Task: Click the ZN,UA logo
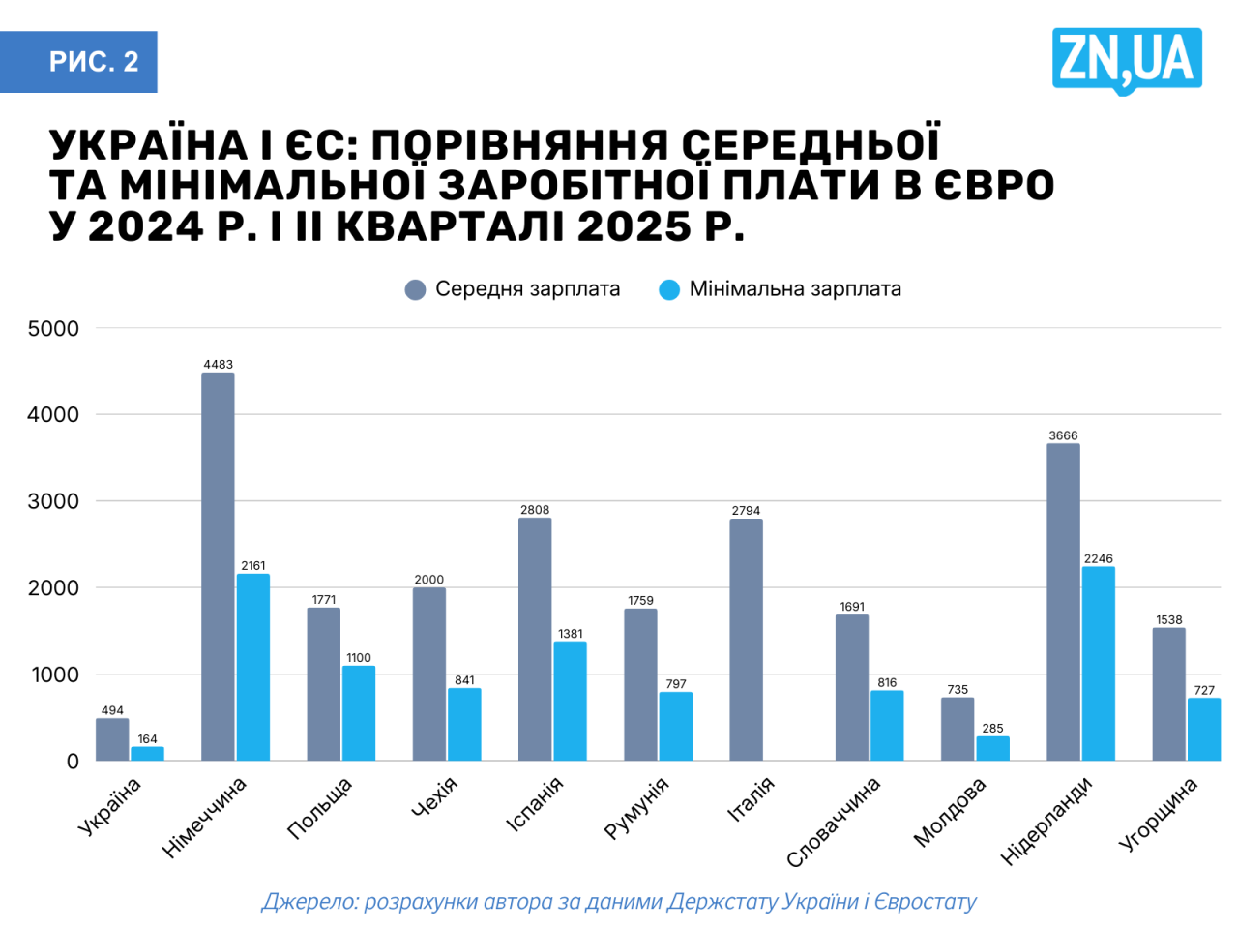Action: coord(1127,60)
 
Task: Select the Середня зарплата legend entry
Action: coord(513,289)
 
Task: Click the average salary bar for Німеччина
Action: coord(218,566)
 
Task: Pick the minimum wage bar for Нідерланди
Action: coord(1098,663)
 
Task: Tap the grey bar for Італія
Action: coord(746,640)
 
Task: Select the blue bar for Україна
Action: coord(147,753)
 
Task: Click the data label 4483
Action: coord(218,365)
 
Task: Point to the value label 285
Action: coord(992,729)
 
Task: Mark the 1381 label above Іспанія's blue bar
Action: coord(570,635)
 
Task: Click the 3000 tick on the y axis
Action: coord(53,501)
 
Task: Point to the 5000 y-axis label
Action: coord(53,329)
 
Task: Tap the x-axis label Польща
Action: coord(320,808)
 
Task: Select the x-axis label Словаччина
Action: coord(833,823)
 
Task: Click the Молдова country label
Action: coord(949,813)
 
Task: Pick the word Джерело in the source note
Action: coord(309,902)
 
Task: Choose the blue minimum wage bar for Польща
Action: coord(358,713)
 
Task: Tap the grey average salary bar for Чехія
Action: coord(428,674)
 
